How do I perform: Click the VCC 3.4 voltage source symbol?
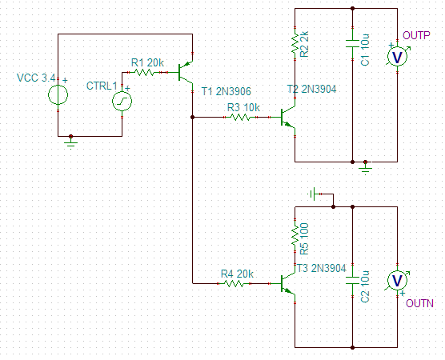58,94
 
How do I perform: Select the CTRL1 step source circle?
122,101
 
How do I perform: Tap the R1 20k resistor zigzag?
144,73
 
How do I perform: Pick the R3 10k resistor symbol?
240,117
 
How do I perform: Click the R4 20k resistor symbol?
234,283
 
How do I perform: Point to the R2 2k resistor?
295,44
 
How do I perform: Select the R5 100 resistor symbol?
295,235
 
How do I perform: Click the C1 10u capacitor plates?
352,44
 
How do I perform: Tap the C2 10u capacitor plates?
352,280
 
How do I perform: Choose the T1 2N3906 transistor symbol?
184,72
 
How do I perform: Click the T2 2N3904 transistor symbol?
288,117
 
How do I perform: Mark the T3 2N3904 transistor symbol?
288,284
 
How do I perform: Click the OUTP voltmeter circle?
397,57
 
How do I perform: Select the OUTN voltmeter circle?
397,280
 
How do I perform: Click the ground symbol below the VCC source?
70,142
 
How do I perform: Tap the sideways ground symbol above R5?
313,194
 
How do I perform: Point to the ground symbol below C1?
365,169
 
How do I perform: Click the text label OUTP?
416,35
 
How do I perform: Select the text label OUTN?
419,303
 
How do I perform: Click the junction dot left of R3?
192,117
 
